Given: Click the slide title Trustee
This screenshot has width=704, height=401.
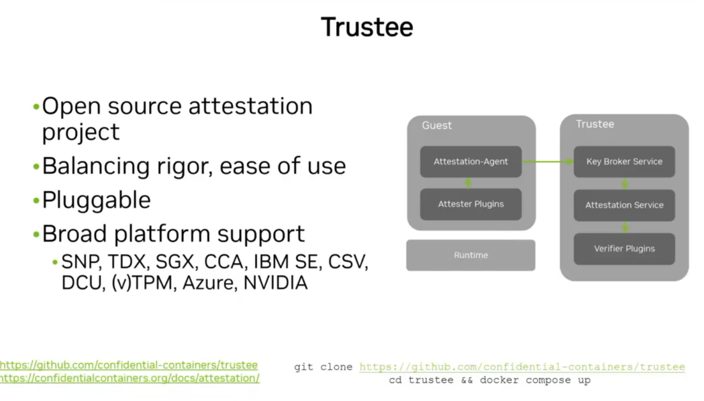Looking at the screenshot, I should coord(367,27).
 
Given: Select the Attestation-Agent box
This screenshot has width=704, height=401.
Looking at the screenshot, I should coord(470,161).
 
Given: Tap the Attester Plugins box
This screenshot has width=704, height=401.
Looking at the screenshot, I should coord(470,204).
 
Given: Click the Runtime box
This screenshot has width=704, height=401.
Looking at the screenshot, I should coord(470,255).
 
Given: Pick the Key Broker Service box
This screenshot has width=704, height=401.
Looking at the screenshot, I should coord(624,161).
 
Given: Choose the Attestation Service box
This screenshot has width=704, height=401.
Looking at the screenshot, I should coord(624,205).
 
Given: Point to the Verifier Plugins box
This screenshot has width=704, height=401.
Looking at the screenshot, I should coord(624,248).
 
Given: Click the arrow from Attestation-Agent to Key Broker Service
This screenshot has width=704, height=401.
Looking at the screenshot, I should coord(547,161).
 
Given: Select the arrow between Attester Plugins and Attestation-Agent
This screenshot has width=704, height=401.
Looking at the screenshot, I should coord(468,183).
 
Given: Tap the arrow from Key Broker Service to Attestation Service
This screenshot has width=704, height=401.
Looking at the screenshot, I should coord(624,183).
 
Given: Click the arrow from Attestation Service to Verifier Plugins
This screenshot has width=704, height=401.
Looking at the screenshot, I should coord(624,227).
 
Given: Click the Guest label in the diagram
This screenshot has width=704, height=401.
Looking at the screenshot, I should coord(437,125).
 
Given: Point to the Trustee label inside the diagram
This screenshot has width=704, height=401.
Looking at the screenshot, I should coord(595,124).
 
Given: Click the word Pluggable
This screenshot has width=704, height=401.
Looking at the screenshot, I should coord(96,200).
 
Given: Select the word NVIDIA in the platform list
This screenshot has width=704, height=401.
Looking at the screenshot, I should coord(275,283).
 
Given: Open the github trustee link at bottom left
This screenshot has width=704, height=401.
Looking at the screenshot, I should coord(128,365).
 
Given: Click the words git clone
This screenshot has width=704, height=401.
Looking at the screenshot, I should coord(323,367).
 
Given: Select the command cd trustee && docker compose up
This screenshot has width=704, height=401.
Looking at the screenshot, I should coord(489,380).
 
